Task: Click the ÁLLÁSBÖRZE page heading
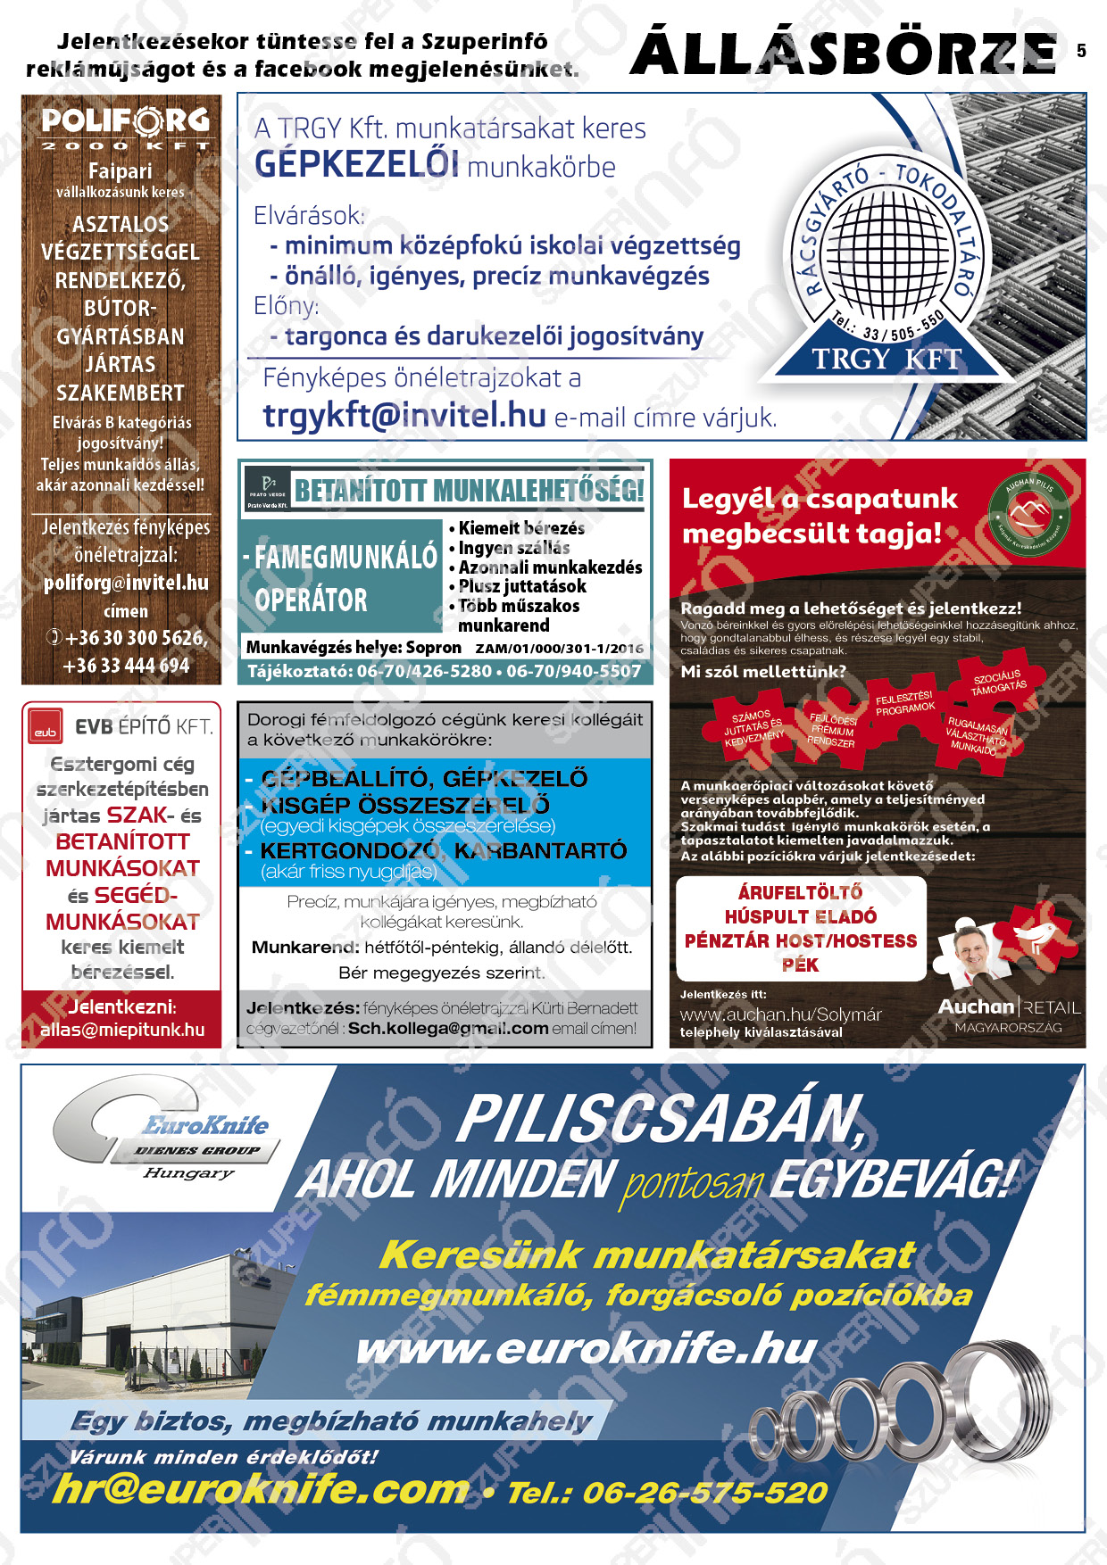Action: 843,54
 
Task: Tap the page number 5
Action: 1081,51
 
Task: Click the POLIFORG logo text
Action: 125,120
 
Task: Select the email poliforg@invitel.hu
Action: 126,583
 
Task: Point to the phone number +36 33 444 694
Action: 126,666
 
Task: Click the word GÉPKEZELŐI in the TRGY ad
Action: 357,165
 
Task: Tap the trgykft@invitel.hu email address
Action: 404,415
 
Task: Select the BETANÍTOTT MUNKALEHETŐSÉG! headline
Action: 469,491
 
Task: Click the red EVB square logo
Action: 46,727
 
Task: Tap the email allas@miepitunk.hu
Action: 122,1030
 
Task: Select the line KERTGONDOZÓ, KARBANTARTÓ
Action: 443,851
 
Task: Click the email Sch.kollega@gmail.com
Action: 448,1028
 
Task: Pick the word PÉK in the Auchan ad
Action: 800,965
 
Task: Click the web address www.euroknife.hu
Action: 587,1349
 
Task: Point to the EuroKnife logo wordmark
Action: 206,1125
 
